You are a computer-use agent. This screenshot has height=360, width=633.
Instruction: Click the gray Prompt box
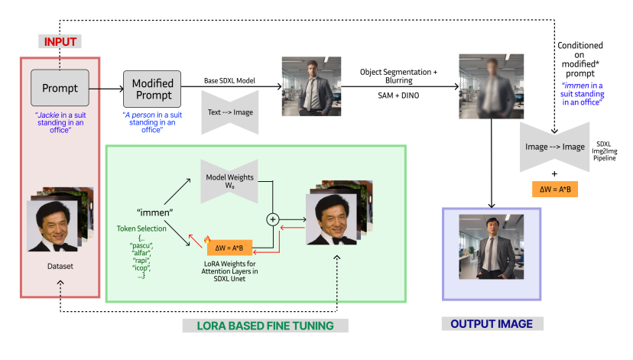60,87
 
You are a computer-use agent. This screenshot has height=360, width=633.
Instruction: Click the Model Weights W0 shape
229,180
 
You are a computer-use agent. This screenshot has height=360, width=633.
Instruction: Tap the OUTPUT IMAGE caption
492,324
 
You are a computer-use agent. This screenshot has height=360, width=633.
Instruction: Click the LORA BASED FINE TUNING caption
266,326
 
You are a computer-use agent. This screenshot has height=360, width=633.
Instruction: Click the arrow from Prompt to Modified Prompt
106,89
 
